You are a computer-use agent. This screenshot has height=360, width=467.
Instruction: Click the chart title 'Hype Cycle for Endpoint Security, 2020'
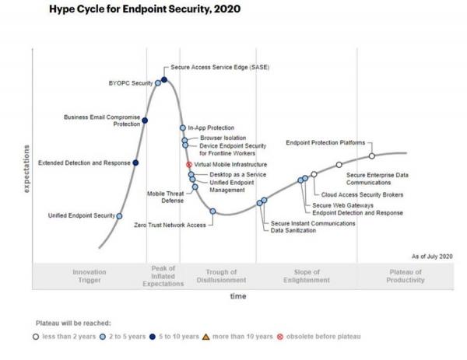pyautogui.click(x=144, y=10)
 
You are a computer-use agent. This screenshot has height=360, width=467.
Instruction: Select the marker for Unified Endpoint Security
pyautogui.click(x=119, y=216)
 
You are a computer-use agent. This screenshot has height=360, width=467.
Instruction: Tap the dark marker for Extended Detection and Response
pyautogui.click(x=136, y=163)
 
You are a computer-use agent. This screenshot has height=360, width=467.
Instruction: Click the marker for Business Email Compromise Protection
pyautogui.click(x=146, y=121)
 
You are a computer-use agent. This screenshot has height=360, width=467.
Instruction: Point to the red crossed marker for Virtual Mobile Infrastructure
pyautogui.click(x=189, y=165)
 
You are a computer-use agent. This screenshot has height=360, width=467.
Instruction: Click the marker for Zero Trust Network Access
pyautogui.click(x=212, y=211)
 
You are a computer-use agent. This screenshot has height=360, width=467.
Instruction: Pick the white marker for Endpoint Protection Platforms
pyautogui.click(x=372, y=156)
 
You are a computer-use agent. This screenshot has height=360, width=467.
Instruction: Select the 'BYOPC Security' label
pyautogui.click(x=130, y=82)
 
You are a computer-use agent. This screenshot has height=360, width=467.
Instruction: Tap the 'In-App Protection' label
pyautogui.click(x=211, y=128)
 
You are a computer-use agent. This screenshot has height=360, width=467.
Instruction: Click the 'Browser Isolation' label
pyautogui.click(x=223, y=137)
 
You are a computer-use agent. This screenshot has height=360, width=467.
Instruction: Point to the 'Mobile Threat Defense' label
pyautogui.click(x=166, y=196)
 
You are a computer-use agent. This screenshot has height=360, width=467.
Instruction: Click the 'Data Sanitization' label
pyautogui.click(x=293, y=231)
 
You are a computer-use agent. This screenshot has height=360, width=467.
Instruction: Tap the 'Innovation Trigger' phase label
pyautogui.click(x=89, y=276)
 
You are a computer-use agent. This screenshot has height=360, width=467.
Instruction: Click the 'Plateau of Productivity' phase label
pyautogui.click(x=406, y=276)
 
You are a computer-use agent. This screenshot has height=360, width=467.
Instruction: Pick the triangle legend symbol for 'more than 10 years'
pyautogui.click(x=206, y=336)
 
